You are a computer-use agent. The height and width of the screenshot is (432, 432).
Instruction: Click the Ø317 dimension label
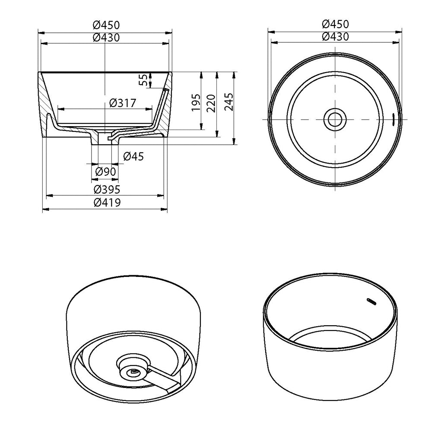click(x=123, y=103)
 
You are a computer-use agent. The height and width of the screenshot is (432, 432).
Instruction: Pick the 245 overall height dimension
click(x=229, y=102)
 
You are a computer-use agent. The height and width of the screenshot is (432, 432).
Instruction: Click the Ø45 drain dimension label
click(x=133, y=157)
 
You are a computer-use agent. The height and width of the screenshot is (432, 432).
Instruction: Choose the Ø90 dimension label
click(x=105, y=172)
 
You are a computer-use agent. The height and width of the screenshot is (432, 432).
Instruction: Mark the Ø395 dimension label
click(x=106, y=189)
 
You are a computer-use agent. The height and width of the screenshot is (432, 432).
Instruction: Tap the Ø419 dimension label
click(x=106, y=202)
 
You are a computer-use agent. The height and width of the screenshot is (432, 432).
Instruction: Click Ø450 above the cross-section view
click(x=106, y=25)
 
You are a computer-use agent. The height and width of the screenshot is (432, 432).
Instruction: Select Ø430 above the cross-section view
click(x=106, y=38)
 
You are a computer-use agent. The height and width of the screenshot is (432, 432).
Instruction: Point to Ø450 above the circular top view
click(x=335, y=24)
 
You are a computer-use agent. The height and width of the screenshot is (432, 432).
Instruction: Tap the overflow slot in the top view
click(x=394, y=118)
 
